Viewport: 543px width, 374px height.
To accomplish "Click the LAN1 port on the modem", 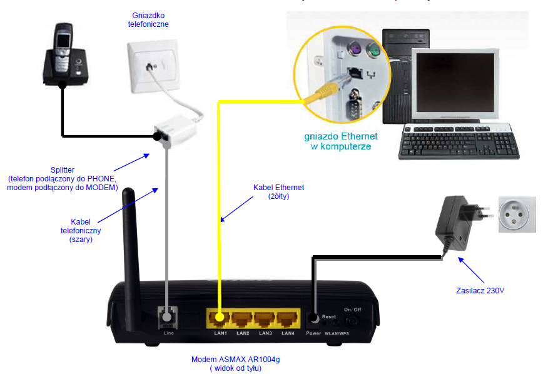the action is coord(220,318).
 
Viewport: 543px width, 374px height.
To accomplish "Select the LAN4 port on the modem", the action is coord(287,318).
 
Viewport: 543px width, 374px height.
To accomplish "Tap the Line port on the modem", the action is coord(168,317).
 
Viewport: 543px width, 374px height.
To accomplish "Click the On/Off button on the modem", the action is coord(352,321).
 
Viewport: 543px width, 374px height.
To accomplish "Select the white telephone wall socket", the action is coord(153,66).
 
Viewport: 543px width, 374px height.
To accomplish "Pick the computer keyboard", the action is coord(459,141).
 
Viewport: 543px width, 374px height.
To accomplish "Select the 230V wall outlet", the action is coord(517,215).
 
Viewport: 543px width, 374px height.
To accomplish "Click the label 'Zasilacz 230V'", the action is coord(480,291).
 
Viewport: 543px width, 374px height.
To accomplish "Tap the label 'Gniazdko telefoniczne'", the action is coord(148,20).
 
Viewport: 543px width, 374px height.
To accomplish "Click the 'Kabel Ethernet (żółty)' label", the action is coord(279,192).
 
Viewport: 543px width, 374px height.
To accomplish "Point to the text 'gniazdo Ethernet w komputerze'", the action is coord(341,141).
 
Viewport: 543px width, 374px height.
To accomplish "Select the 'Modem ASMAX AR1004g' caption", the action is coord(235,360).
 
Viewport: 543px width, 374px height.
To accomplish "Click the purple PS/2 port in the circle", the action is coord(355,48).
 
